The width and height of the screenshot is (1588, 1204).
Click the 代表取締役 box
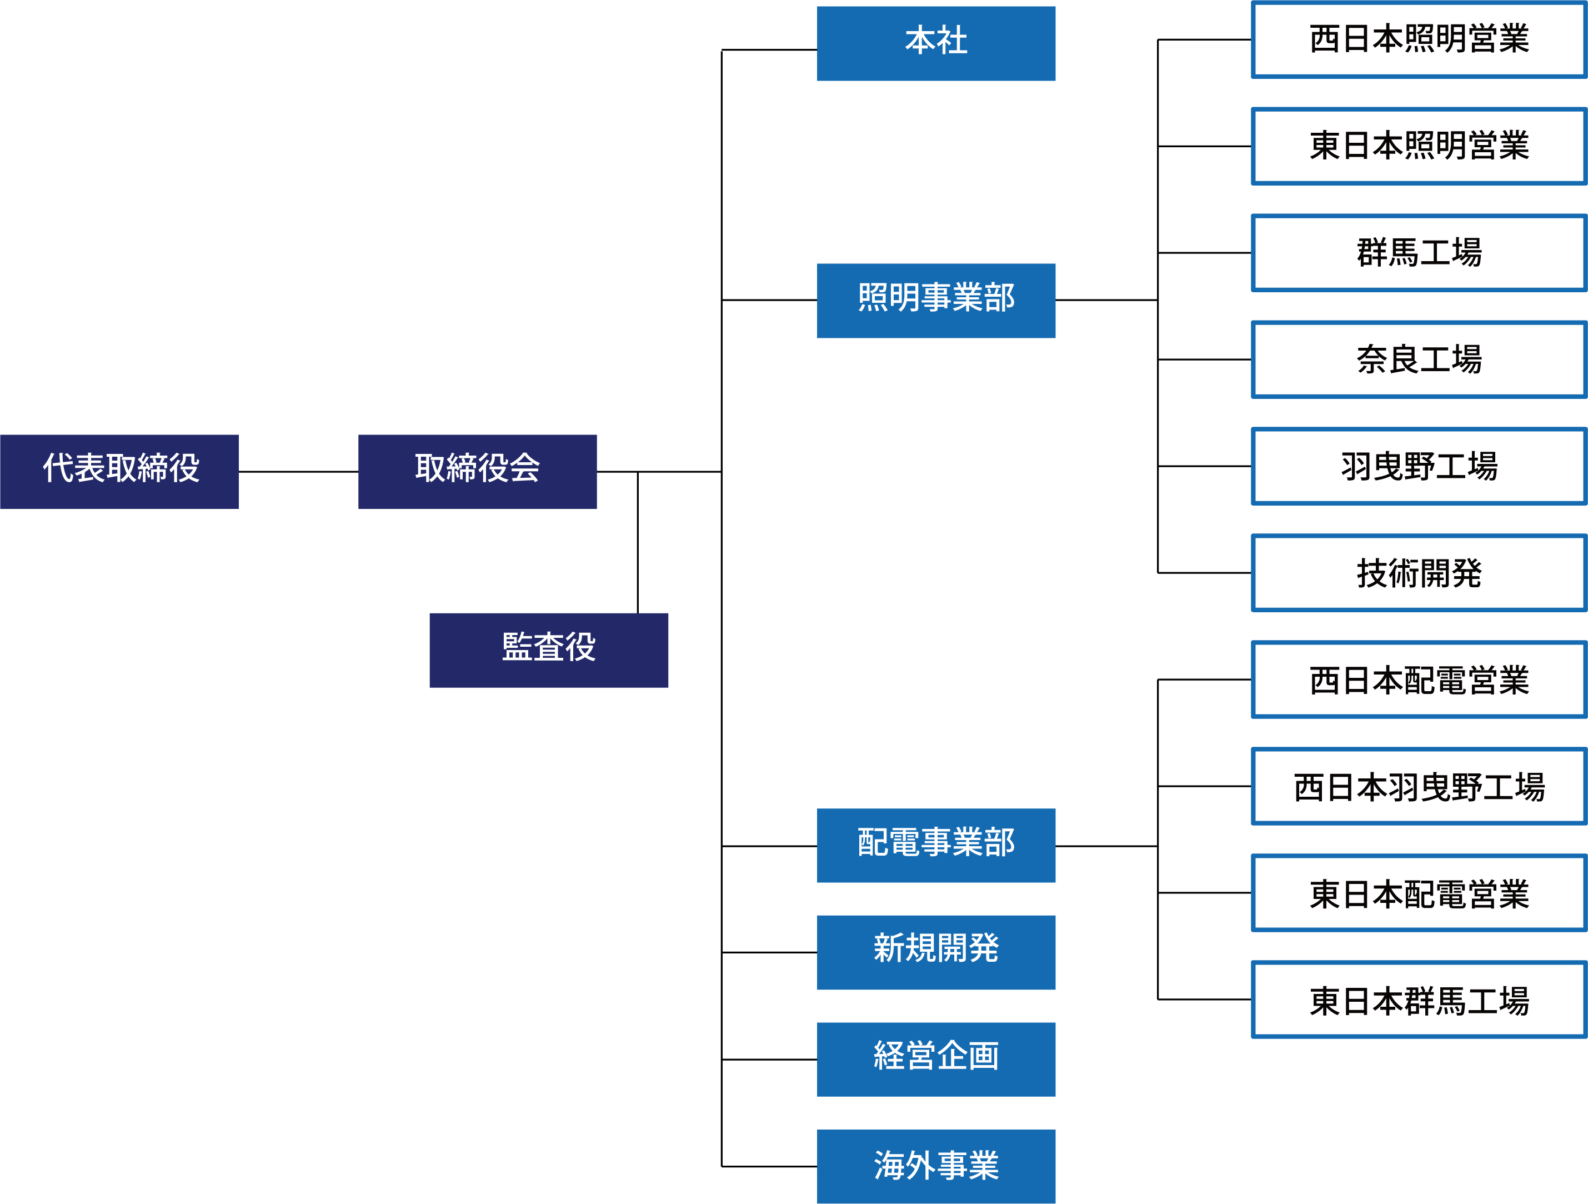tap(119, 472)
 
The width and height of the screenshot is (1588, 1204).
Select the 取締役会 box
tap(478, 472)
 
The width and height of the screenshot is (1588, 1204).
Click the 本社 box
tap(935, 43)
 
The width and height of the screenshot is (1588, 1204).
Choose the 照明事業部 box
tap(935, 300)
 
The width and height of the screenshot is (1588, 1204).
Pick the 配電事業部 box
tap(935, 845)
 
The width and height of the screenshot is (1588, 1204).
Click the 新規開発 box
tap(935, 952)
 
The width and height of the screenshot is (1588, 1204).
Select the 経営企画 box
tap(935, 1059)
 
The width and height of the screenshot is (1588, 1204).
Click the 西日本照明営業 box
tap(1419, 39)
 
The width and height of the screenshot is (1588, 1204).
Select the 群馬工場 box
tap(1419, 253)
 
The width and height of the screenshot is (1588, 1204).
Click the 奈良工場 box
tap(1419, 359)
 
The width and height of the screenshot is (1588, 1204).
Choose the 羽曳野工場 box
tap(1419, 466)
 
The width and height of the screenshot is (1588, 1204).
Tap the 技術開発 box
tap(1419, 573)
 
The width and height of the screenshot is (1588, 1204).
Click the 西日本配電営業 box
tap(1419, 679)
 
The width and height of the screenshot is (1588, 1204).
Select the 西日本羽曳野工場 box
tap(1419, 786)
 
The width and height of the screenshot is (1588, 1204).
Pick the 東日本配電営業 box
tap(1419, 892)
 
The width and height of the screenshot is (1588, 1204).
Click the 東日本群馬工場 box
tap(1419, 1000)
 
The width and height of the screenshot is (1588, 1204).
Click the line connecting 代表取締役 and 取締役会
tap(298, 472)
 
